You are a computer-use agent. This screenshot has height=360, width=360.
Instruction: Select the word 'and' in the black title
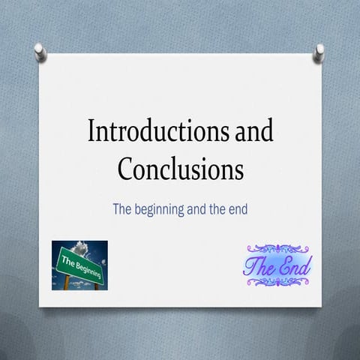pos(251,132)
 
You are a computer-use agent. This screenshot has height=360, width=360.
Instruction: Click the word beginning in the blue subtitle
pos(166,209)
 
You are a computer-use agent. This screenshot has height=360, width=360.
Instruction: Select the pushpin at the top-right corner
pos(319,51)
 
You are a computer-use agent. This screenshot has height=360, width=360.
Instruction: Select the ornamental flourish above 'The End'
pos(278,248)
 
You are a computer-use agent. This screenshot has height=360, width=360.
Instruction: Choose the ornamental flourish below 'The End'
pos(278,281)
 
